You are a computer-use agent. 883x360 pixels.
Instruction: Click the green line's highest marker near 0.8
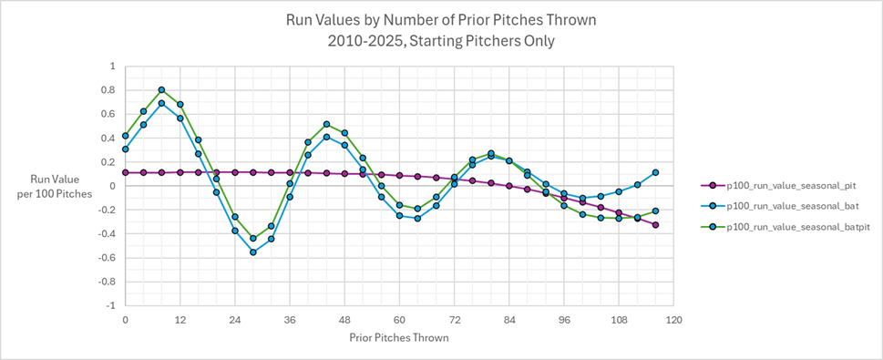[x=161, y=90]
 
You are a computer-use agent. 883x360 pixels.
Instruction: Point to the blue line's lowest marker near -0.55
[x=253, y=252]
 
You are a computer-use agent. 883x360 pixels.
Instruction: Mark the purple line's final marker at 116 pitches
[x=655, y=225]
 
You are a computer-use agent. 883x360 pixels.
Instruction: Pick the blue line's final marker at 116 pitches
[x=655, y=172]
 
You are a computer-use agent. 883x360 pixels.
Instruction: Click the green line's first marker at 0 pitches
[x=125, y=136]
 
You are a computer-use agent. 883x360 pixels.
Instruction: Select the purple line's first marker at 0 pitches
[x=125, y=172]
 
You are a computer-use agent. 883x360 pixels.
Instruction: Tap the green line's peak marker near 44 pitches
[x=326, y=124]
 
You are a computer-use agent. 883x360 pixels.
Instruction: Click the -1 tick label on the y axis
[x=110, y=305]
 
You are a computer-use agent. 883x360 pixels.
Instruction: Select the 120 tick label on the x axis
[x=673, y=320]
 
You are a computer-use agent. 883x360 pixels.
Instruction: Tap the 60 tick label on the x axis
[x=399, y=320]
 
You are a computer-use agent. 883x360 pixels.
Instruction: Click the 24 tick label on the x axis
[x=234, y=320]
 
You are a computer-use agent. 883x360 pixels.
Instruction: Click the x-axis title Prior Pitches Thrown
[x=399, y=337]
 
